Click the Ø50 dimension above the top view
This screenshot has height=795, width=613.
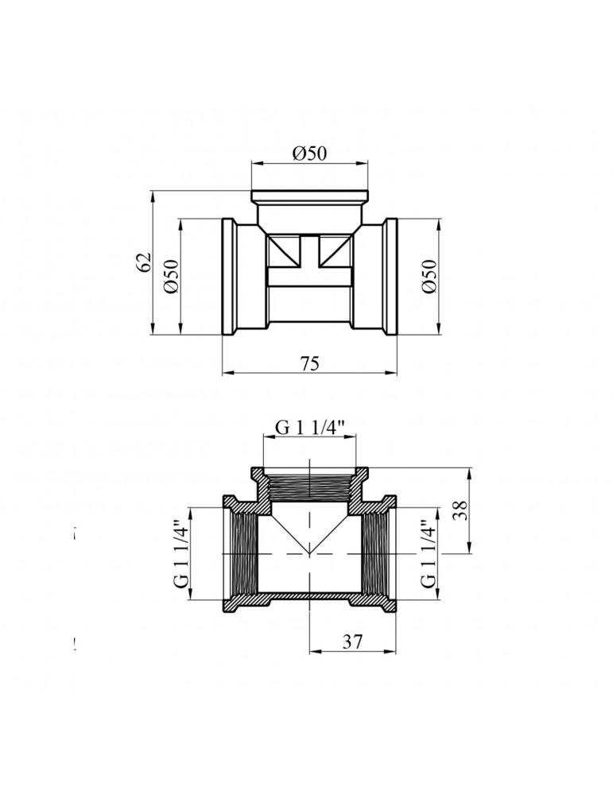309,153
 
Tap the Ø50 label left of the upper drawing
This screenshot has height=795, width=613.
171,276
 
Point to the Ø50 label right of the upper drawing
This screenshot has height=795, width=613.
429,276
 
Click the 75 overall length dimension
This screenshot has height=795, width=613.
309,363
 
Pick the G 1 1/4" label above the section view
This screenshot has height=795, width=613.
310,428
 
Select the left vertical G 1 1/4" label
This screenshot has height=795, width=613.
180,553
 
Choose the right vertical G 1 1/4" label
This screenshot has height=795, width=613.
429,553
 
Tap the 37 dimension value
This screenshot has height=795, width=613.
353,642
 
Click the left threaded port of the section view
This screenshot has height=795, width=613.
244,553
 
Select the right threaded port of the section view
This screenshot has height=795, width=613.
376,553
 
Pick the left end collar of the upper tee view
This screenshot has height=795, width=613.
229,277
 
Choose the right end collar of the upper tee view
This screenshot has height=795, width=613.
391,277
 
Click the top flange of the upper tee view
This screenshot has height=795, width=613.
309,196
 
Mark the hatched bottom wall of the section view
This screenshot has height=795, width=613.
309,597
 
